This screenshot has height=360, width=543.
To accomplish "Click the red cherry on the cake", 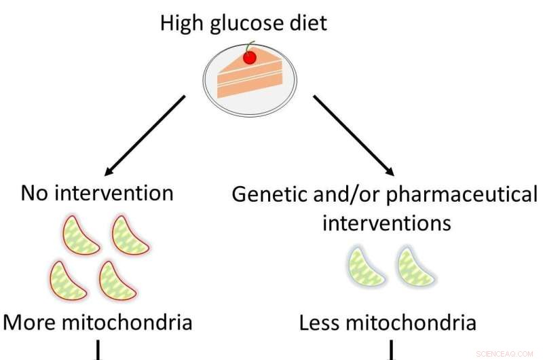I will click(250, 58).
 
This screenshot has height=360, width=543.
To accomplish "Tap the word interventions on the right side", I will click(386, 222).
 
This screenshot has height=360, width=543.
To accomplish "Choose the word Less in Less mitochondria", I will click(322, 323).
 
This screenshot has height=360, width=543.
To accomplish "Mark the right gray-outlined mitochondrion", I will click(415, 266).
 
